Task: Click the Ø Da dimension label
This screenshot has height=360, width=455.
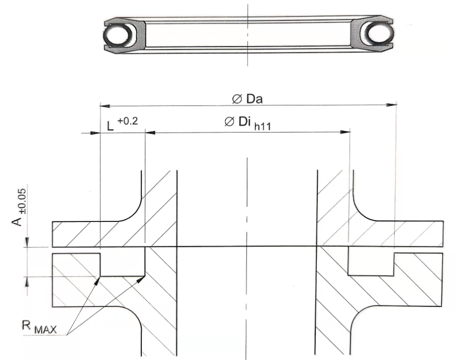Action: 247,99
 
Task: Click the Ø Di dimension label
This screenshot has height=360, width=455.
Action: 238,122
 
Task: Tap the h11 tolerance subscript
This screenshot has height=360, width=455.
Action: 262,126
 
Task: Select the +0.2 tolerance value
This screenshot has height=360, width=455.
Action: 128,121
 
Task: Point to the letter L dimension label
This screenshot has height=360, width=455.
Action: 110,126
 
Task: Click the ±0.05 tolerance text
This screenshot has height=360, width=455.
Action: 23,201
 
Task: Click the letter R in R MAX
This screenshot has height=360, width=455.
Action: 26,325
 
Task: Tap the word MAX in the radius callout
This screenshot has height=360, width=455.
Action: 46,330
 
